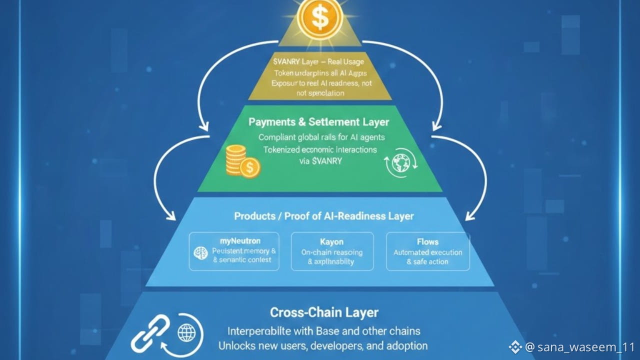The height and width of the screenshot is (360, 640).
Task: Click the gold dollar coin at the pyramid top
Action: click(x=319, y=18)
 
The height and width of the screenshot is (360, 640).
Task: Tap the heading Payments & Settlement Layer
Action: click(x=319, y=122)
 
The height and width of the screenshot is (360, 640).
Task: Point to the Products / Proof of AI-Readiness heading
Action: click(x=324, y=216)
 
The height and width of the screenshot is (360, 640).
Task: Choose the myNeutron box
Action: click(x=234, y=251)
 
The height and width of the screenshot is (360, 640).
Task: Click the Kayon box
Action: click(x=332, y=251)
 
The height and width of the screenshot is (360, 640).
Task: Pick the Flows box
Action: click(x=428, y=251)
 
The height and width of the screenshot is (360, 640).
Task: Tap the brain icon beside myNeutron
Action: click(x=200, y=253)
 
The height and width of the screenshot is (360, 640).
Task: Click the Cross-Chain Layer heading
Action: click(x=324, y=312)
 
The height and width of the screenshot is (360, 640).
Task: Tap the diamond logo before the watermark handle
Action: click(x=515, y=347)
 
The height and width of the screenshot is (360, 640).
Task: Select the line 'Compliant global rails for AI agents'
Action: click(x=321, y=137)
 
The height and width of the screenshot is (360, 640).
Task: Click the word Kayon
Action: click(x=332, y=241)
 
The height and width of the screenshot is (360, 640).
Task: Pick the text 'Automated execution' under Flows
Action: click(x=428, y=252)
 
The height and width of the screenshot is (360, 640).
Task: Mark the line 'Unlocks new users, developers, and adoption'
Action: click(x=323, y=345)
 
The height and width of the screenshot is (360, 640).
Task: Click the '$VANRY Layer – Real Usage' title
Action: click(x=319, y=62)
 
